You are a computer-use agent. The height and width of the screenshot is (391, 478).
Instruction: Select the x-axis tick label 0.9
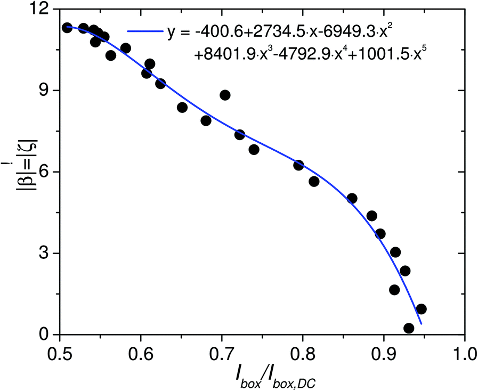(x=384, y=353)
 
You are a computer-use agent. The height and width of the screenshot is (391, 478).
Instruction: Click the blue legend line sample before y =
(x=143, y=32)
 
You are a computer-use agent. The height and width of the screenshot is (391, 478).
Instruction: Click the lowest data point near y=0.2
(x=409, y=328)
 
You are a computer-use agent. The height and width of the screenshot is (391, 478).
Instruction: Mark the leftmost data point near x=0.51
(x=67, y=28)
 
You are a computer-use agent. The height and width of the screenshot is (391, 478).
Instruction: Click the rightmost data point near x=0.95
(x=421, y=309)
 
